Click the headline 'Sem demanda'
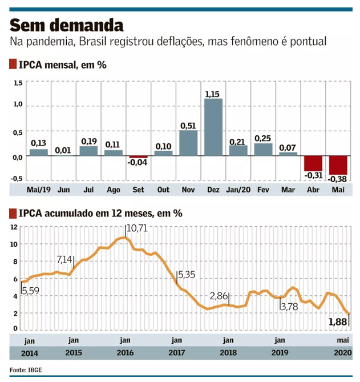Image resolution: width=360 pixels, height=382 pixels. (66, 25)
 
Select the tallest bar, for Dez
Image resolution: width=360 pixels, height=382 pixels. (213, 127)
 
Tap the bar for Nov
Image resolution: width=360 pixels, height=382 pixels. (188, 143)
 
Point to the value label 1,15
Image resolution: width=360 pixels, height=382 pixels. (213, 93)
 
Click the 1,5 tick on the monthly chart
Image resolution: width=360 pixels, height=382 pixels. (17, 83)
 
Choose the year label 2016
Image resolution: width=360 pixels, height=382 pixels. (125, 353)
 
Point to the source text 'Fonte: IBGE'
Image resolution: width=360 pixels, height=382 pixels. (26, 369)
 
